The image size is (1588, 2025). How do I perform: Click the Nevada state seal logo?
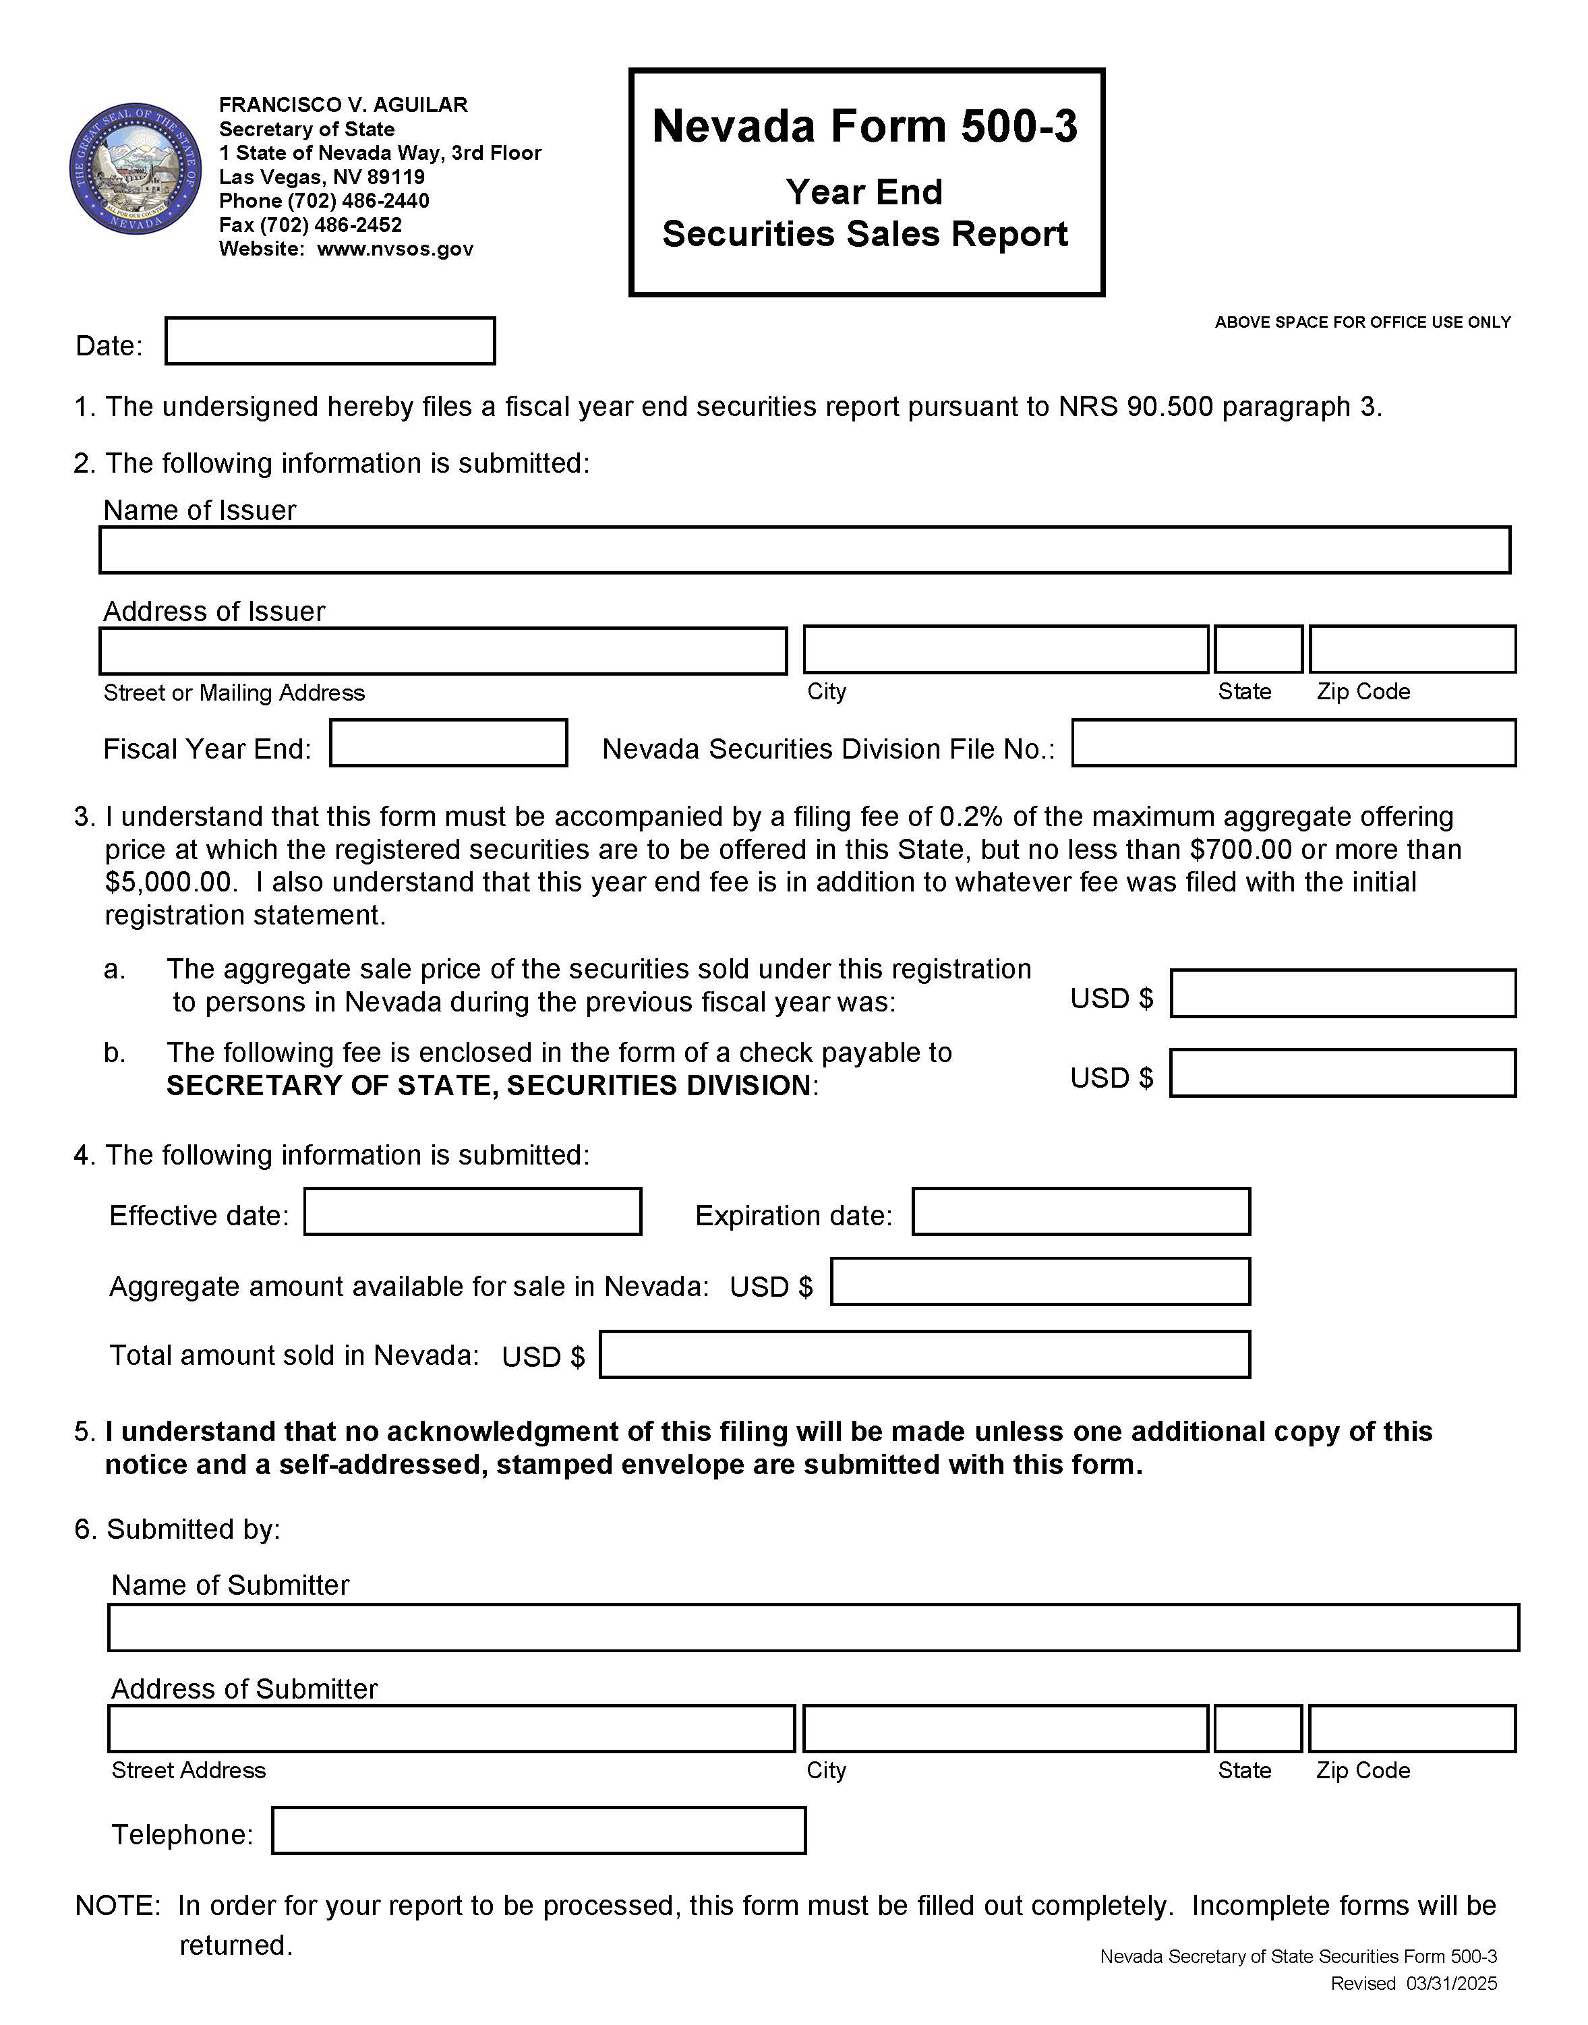pos(136,169)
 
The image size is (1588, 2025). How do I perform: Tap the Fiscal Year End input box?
pos(448,743)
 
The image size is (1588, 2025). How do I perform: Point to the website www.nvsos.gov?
pos(395,250)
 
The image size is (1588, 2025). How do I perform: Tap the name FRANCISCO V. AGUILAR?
pos(343,105)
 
